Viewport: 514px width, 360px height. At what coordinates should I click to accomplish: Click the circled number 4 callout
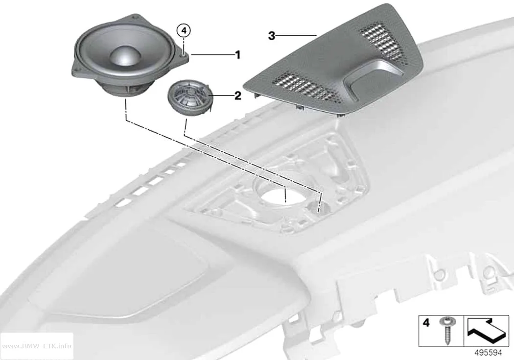184,31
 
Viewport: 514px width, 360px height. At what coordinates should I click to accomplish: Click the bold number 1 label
238,55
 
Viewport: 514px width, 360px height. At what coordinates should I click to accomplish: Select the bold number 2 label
237,96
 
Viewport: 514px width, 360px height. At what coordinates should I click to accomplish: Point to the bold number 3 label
271,35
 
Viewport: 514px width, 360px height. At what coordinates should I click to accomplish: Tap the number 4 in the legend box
426,323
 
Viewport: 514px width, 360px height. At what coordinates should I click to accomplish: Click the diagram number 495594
488,353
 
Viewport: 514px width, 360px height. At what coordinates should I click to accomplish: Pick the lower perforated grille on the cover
306,86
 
